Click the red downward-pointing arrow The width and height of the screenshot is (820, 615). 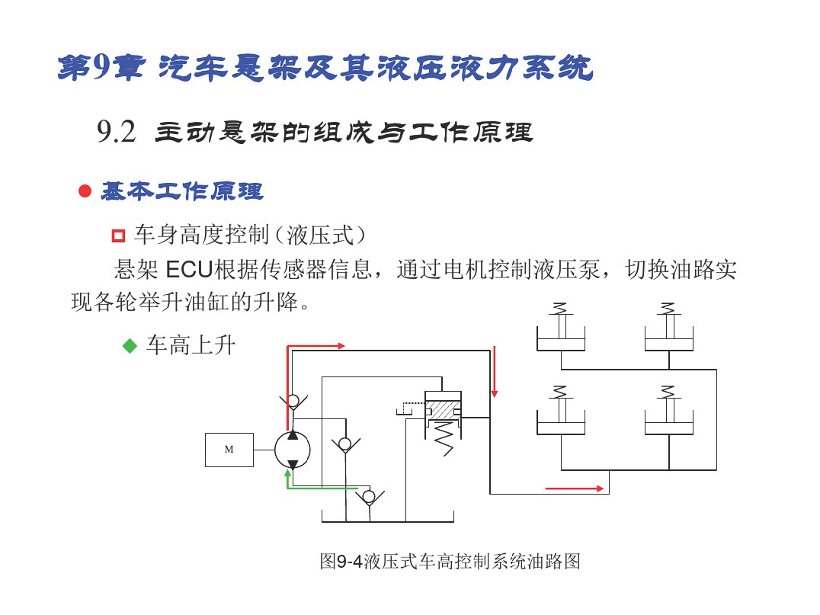pos(494,371)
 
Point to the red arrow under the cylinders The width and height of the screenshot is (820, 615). pos(574,489)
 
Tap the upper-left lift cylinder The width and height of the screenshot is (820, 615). pos(561,327)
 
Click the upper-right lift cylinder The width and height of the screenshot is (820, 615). pos(669,327)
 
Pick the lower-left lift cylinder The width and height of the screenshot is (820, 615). pos(561,411)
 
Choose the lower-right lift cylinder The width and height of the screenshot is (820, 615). pos(669,411)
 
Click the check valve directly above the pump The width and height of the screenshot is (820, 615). pos(293,402)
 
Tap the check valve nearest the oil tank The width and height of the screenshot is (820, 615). pos(369,497)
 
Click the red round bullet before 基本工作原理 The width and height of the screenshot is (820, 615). pos(85,191)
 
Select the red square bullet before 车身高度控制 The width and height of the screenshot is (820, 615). pos(119,235)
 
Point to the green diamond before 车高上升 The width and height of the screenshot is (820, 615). pos(129,346)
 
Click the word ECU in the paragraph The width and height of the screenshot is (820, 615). pos(189,270)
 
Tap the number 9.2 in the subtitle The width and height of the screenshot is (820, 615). pos(116,131)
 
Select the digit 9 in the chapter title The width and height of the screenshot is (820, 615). pos(100,68)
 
